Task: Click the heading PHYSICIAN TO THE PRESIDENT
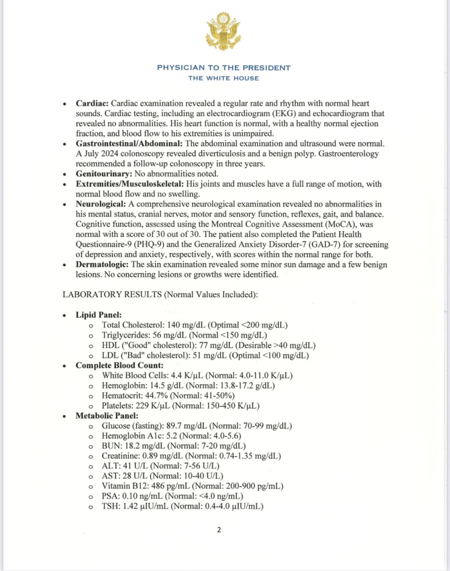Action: coord(224,68)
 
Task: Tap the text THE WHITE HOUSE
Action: coord(224,78)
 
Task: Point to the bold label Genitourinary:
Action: coord(104,174)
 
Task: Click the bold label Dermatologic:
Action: coord(103,265)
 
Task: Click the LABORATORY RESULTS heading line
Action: coord(160,295)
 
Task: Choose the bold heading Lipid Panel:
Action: coord(98,315)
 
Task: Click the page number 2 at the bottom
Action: coord(219,530)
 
